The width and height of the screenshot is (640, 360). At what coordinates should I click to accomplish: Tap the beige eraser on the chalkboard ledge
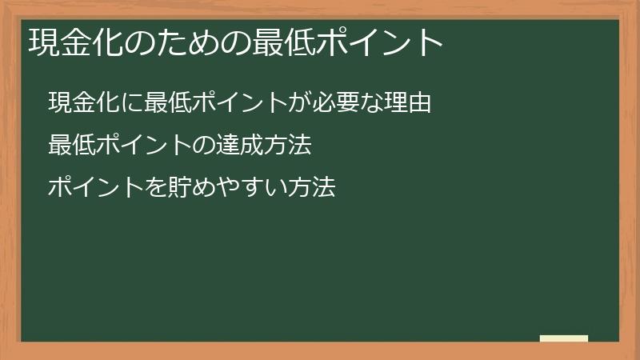pyautogui.click(x=564, y=339)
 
